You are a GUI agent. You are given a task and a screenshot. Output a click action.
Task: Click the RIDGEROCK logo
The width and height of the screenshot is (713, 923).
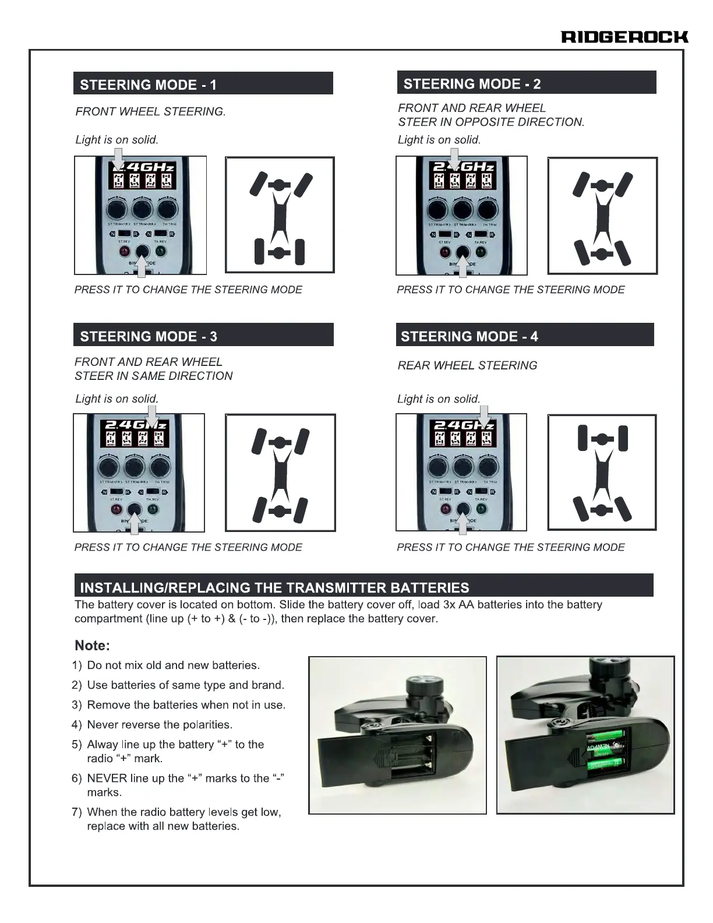click(x=624, y=37)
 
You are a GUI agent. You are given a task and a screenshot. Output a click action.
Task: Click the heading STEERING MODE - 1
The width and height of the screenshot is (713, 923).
click(x=148, y=85)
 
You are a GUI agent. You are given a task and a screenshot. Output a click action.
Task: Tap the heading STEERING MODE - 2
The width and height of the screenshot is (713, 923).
click(x=472, y=84)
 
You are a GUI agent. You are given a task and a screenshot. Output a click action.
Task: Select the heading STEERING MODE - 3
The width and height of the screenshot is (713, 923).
click(x=149, y=336)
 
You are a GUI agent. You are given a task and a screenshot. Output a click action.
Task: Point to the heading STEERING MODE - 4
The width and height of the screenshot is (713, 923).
click(x=470, y=336)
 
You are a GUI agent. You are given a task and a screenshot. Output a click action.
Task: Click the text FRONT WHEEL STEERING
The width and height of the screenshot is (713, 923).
click(x=150, y=111)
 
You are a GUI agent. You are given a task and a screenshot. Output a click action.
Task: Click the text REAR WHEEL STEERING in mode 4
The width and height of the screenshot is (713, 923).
click(x=467, y=365)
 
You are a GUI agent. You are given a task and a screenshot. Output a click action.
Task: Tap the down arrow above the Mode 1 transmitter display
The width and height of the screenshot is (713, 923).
click(x=118, y=158)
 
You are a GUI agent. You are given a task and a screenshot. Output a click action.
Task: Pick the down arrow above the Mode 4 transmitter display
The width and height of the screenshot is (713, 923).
click(x=484, y=416)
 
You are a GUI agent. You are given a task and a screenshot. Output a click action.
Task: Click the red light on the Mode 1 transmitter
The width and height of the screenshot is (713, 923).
click(x=124, y=252)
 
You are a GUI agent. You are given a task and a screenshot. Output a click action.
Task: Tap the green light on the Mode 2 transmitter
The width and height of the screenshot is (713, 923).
click(x=481, y=252)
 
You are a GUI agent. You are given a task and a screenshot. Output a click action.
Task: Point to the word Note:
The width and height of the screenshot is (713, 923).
click(x=92, y=646)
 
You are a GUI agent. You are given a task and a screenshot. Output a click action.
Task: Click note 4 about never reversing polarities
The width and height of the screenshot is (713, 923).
click(x=159, y=724)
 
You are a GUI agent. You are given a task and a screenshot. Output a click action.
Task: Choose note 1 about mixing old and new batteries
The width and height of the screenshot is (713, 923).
click(x=173, y=665)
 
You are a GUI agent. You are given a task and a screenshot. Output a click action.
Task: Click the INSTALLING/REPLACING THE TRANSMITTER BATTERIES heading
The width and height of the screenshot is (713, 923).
click(x=274, y=587)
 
